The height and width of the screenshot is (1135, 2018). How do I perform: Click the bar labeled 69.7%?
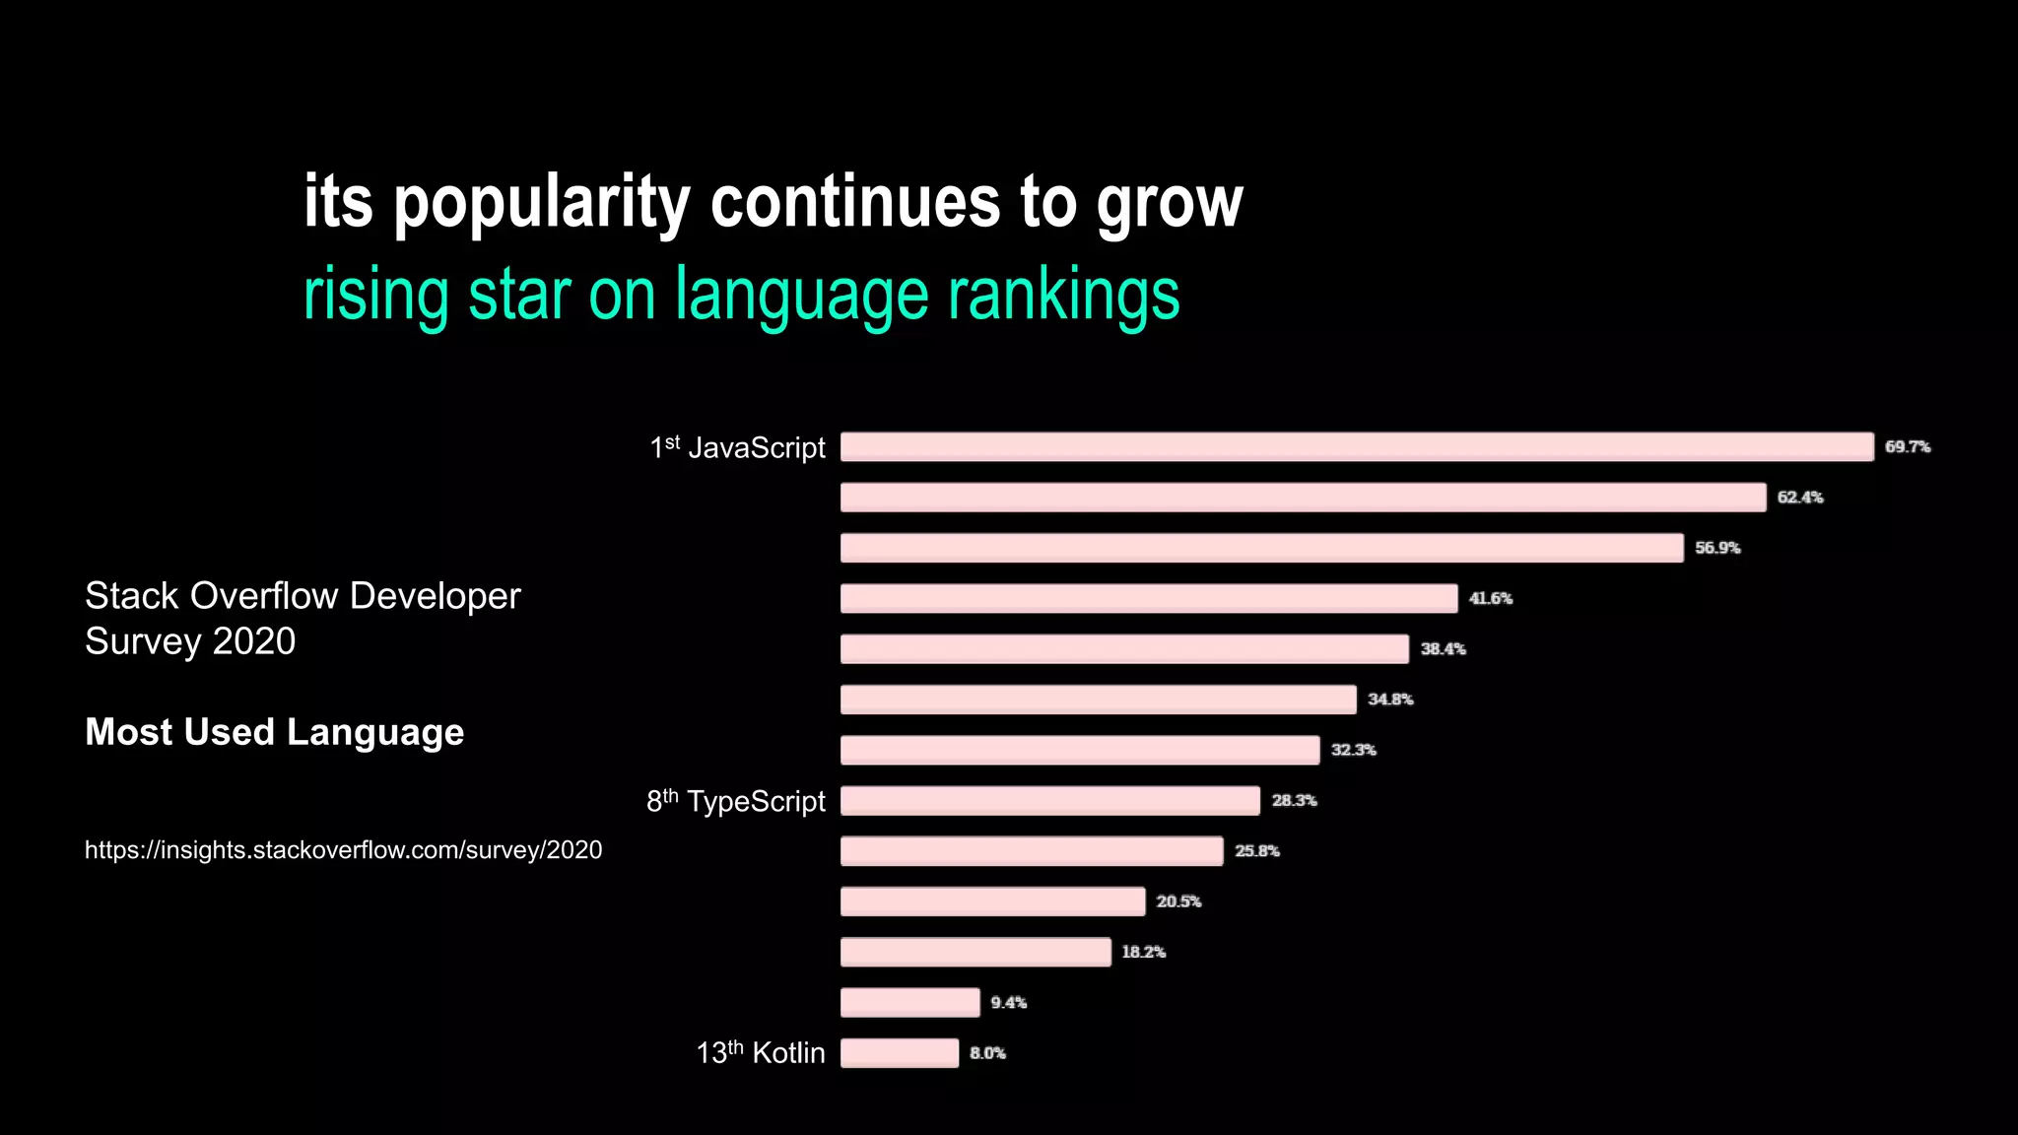pos(1356,446)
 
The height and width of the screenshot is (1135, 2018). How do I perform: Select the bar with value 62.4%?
pos(1303,498)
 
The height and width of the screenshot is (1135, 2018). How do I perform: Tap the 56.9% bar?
pos(1261,548)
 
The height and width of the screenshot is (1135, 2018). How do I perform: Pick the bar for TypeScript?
pos(1049,801)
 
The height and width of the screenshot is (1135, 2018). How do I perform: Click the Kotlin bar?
pos(899,1053)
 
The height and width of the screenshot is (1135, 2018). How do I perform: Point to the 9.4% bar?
pos(909,1003)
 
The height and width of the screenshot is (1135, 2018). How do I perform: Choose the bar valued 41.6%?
pos(1148,598)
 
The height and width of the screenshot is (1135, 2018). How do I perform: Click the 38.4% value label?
pos(1443,649)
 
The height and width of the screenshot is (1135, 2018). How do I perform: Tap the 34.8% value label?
pos(1390,700)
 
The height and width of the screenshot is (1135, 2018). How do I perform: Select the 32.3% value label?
pos(1353,750)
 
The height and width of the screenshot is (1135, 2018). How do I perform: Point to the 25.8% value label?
pos(1256,851)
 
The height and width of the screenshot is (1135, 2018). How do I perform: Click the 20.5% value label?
pos(1178,901)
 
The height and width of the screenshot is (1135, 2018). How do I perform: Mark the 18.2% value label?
pos(1143,952)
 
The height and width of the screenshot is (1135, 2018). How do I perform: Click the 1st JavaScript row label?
pos(737,448)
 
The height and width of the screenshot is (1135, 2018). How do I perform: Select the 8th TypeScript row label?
pos(735,801)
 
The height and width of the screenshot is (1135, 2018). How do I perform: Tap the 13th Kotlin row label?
pos(760,1052)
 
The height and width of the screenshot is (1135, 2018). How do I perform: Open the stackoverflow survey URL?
pos(343,850)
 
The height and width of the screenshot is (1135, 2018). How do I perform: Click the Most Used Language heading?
pos(274,732)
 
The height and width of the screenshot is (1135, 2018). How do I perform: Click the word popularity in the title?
pos(542,203)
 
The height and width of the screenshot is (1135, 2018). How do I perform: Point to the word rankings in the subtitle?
pos(1063,295)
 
